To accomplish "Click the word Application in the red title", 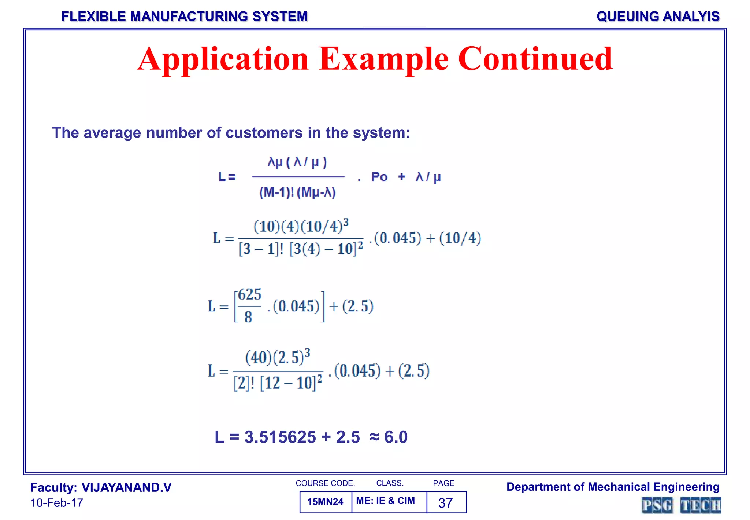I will [223, 59].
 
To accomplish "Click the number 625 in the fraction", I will [250, 294].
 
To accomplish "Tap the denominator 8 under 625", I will [248, 317].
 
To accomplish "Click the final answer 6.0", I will [396, 437].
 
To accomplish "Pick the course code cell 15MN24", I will [325, 502].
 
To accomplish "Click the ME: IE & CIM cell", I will [386, 501].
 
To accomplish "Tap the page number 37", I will [445, 503].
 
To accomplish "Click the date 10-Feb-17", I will [57, 503].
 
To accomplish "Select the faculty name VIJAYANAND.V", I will [126, 487].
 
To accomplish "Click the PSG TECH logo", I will [681, 505].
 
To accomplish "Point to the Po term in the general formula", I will [379, 177].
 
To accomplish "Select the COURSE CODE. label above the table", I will [325, 483].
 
